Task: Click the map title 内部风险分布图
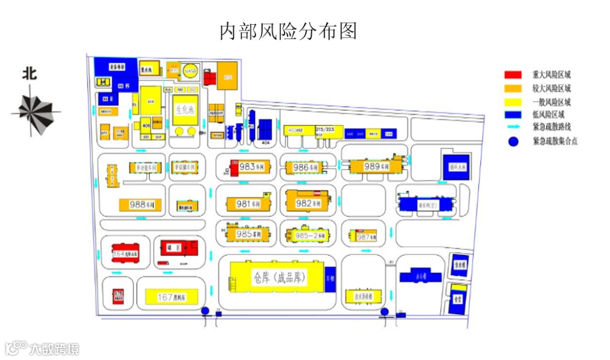point(288,31)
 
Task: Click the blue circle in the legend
point(513,142)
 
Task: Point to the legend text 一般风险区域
point(551,102)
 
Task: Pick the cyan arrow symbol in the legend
point(513,128)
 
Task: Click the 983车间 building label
point(252,167)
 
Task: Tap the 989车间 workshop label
point(377,167)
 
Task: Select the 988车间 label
point(142,205)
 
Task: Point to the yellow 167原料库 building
point(172,296)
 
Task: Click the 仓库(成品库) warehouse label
point(280,277)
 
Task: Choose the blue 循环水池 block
point(456,167)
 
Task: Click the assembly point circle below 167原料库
point(205,310)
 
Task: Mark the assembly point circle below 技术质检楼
point(385,311)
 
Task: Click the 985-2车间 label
point(307,235)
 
